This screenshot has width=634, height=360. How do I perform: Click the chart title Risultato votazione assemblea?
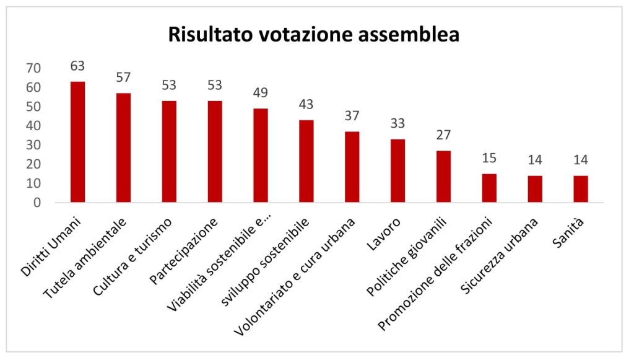click(x=314, y=34)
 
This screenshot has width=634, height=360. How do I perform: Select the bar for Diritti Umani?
click(x=78, y=142)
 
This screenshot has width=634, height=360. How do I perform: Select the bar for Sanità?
click(x=580, y=188)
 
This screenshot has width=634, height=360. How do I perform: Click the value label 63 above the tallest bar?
click(x=77, y=66)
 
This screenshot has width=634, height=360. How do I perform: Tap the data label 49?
click(x=261, y=93)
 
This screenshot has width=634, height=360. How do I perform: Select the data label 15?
click(x=489, y=159)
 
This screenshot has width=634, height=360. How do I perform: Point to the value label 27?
click(x=443, y=136)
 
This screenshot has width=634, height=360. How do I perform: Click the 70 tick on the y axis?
click(x=33, y=68)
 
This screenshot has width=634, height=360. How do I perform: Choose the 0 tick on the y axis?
click(x=38, y=203)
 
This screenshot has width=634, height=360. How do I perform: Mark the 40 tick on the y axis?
click(x=33, y=126)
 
